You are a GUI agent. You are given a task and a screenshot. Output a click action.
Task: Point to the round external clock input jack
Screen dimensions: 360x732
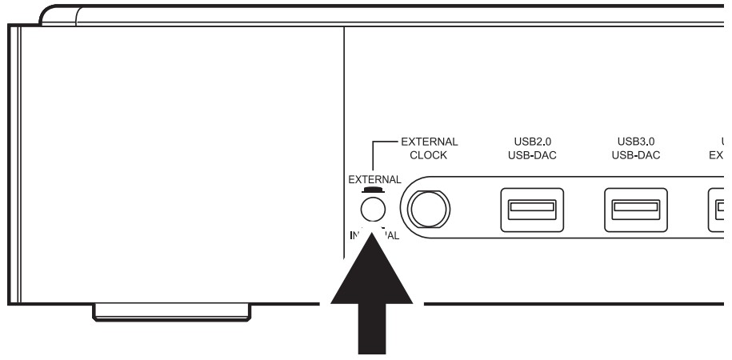tap(429, 210)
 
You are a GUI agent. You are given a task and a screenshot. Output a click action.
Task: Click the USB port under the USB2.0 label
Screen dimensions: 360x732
tap(531, 210)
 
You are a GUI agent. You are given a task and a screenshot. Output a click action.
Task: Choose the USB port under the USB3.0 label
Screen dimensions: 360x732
tap(635, 210)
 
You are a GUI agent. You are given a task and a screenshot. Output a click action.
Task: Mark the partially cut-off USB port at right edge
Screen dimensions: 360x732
tap(721, 210)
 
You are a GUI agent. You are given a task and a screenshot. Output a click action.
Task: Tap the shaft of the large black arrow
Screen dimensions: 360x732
tap(370, 328)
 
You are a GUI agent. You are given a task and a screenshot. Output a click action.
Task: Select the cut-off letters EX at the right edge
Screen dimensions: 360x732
tap(720, 155)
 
